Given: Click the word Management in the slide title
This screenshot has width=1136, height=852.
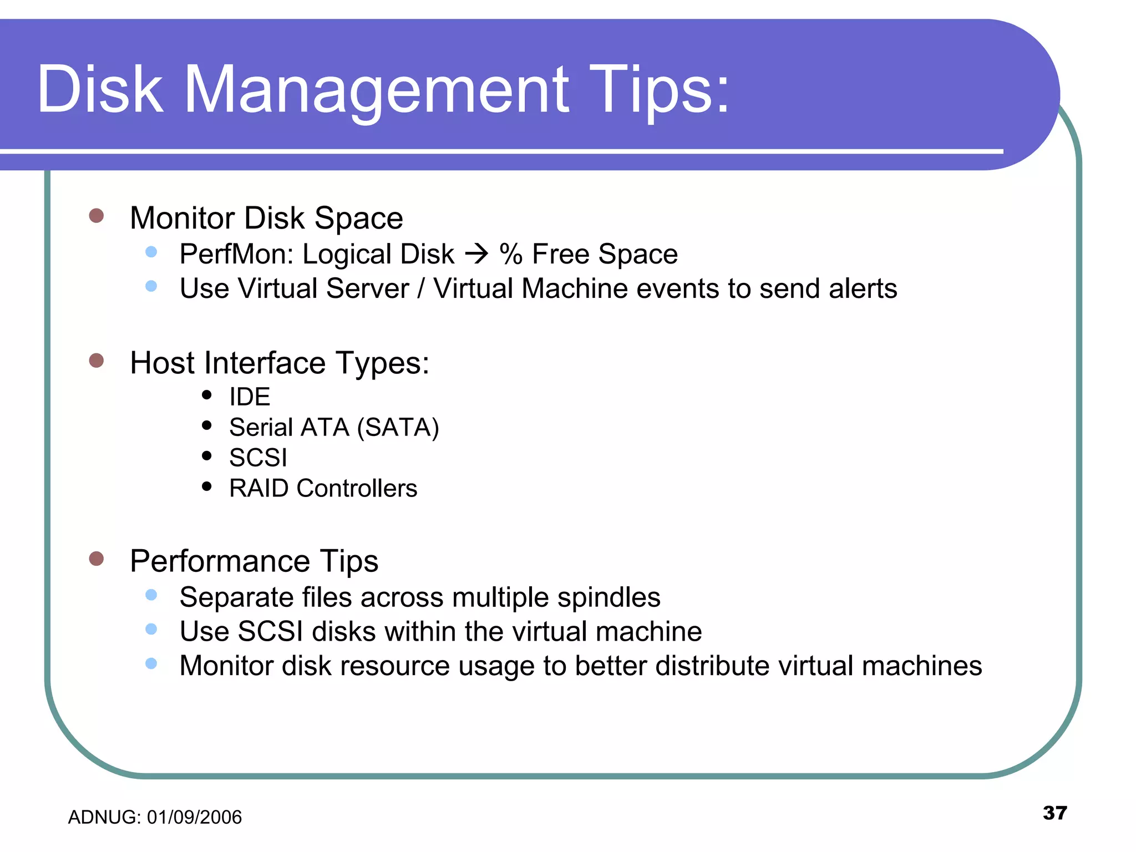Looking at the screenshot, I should pyautogui.click(x=376, y=90).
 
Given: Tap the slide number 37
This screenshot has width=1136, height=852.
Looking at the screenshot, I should pyautogui.click(x=1054, y=813).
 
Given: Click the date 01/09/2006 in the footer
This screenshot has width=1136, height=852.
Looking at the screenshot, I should pyautogui.click(x=194, y=817).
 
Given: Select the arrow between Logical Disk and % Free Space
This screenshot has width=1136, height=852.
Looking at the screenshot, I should pyautogui.click(x=476, y=255).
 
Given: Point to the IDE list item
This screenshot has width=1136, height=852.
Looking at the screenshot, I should pyautogui.click(x=250, y=397).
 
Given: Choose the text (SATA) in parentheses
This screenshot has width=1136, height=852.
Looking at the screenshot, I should pyautogui.click(x=398, y=428).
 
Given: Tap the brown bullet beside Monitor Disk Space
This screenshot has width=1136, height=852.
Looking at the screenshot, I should pyautogui.click(x=97, y=216).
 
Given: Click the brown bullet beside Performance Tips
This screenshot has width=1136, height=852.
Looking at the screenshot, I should pyautogui.click(x=97, y=559).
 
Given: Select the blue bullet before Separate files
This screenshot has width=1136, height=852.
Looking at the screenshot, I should pyautogui.click(x=151, y=595).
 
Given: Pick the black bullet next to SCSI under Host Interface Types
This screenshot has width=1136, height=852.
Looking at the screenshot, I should pyautogui.click(x=207, y=456).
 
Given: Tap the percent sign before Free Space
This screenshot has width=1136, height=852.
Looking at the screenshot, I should pyautogui.click(x=511, y=255).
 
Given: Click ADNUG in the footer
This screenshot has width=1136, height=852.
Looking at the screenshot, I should pyautogui.click(x=103, y=817).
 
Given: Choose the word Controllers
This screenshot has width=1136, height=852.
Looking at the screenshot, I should pyautogui.click(x=357, y=489).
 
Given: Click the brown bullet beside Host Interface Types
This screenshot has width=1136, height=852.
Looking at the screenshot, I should pyautogui.click(x=97, y=361).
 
